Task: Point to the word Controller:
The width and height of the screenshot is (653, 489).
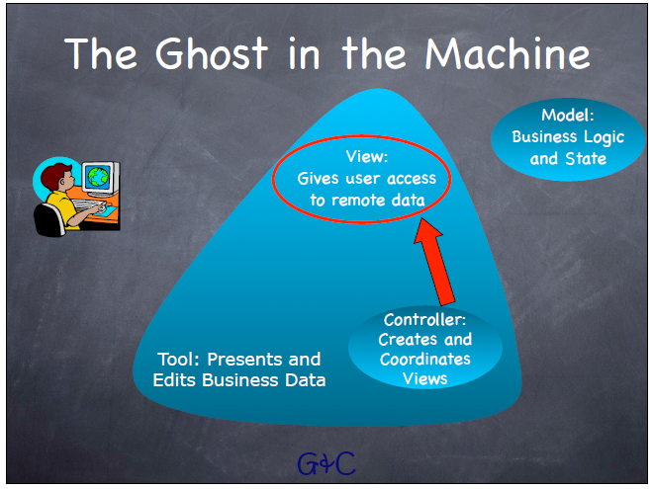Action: click(x=424, y=320)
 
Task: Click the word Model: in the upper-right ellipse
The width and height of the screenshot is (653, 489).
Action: click(x=567, y=116)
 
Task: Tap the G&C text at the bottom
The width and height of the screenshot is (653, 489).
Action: click(x=326, y=461)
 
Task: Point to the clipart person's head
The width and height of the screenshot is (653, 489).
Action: click(x=54, y=181)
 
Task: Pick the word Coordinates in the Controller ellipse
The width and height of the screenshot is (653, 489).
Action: click(x=425, y=359)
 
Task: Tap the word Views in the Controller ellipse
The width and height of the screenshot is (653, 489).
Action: click(x=425, y=378)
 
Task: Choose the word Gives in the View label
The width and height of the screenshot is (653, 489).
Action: click(x=320, y=179)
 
